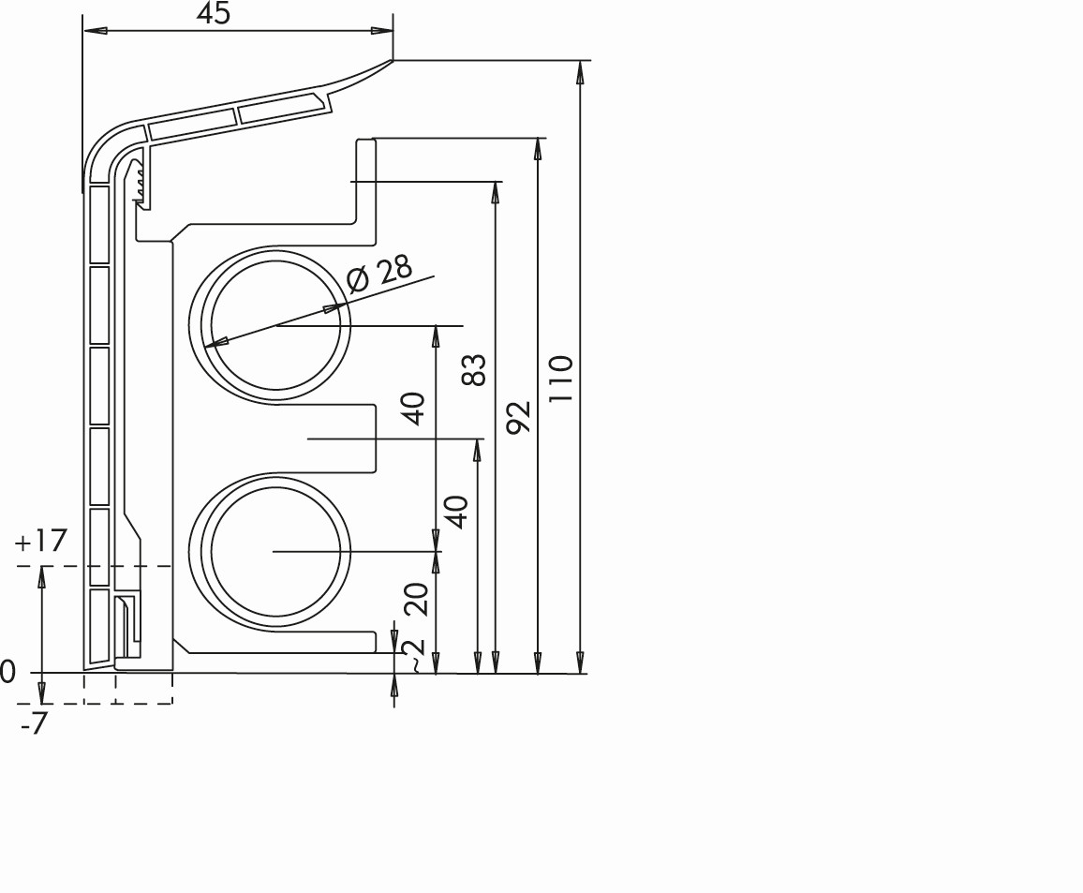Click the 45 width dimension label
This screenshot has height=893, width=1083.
pyautogui.click(x=213, y=13)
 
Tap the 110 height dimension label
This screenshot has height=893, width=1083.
pyautogui.click(x=561, y=380)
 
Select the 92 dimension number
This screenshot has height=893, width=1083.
pyautogui.click(x=518, y=417)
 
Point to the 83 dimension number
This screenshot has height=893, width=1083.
pyautogui.click(x=474, y=369)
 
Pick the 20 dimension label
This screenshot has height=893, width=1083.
pyautogui.click(x=417, y=599)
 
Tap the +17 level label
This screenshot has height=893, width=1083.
pyautogui.click(x=40, y=541)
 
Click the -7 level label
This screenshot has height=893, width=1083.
pyautogui.click(x=34, y=723)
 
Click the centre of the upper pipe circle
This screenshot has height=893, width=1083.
pyautogui.click(x=276, y=324)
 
